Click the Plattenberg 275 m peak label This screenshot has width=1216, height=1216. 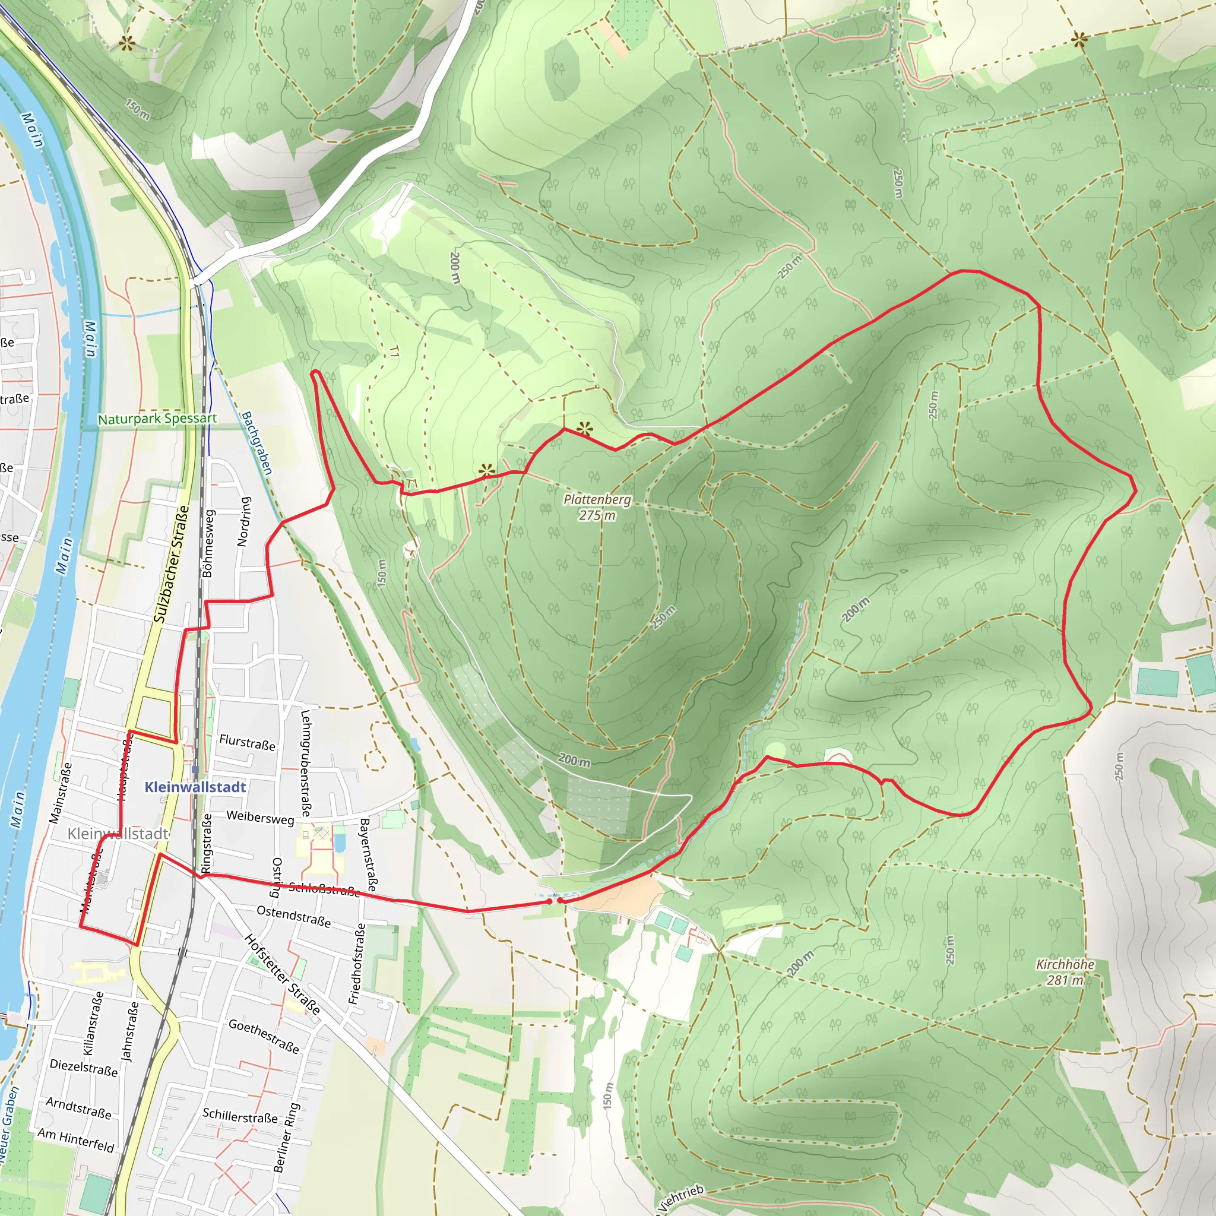(x=597, y=507)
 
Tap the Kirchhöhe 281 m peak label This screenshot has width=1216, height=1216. (x=1065, y=972)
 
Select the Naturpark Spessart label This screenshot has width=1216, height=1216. (x=157, y=419)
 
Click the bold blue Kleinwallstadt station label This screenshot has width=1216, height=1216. (x=195, y=787)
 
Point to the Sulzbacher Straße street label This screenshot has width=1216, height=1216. (x=171, y=564)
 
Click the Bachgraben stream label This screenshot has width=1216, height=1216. (x=256, y=443)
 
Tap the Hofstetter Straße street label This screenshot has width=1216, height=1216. (x=283, y=974)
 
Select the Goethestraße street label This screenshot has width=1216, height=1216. (x=264, y=1036)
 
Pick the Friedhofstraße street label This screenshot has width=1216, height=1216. (x=357, y=964)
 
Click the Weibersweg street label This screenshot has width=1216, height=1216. (x=260, y=818)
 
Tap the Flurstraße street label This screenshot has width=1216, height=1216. (x=247, y=742)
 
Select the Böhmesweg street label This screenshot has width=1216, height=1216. (x=208, y=544)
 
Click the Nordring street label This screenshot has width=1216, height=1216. (x=244, y=521)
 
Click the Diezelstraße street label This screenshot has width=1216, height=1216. (x=84, y=1068)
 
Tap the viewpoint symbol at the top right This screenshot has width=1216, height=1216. (x=1079, y=40)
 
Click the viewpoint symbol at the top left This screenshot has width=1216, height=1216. (x=127, y=43)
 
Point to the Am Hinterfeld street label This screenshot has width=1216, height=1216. (x=76, y=1141)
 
